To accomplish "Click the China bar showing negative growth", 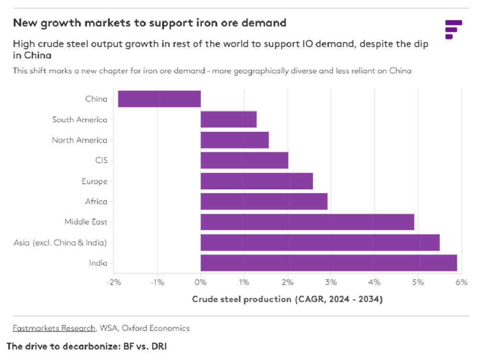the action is click(160, 99).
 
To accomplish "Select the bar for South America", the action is click(228, 119).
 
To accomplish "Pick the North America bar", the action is click(235, 140).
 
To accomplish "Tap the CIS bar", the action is click(244, 161).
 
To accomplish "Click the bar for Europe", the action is click(257, 181).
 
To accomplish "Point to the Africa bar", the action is click(264, 201).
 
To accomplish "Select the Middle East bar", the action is click(308, 222).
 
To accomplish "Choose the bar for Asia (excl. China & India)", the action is click(320, 243).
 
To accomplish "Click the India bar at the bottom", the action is click(329, 263).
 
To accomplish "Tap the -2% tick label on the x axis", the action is click(114, 282).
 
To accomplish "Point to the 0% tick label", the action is click(201, 282).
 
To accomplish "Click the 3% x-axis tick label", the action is click(331, 282).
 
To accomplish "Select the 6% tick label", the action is click(462, 282).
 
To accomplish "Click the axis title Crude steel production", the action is click(241, 299).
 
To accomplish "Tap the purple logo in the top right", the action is click(454, 30).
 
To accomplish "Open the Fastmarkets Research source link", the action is click(54, 328).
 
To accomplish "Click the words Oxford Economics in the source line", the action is click(156, 328).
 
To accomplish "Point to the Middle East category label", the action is click(86, 222).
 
